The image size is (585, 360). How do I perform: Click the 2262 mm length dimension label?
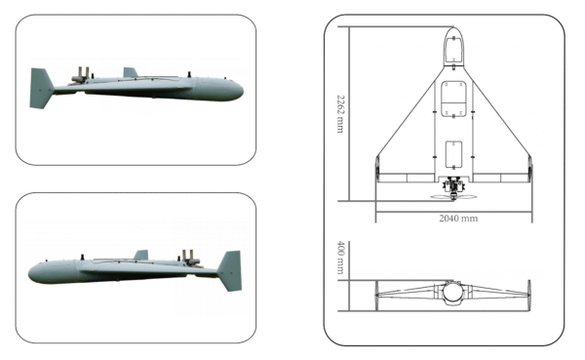tap(339, 113)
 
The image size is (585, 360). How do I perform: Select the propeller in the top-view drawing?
tap(453, 194)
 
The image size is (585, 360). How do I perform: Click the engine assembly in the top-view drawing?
tap(453, 184)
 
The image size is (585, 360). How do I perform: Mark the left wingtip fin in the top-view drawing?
tap(377, 167)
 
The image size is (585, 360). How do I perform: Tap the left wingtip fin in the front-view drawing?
tap(377, 290)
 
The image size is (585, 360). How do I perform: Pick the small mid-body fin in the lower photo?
tap(141, 255)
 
